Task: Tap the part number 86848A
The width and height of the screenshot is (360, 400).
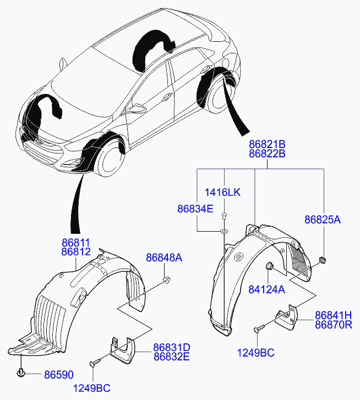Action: point(163,257)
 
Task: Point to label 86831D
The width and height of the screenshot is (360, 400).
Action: point(171,347)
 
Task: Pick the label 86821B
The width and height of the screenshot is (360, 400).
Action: point(267,145)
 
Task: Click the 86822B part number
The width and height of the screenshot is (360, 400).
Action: point(267,154)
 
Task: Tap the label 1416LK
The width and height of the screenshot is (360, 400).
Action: point(223,192)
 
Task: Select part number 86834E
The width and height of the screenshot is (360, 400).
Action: point(195,209)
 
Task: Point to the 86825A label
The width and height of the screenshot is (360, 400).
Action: point(323,220)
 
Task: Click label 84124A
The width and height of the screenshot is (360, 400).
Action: point(267,290)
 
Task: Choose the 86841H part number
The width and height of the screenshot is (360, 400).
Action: point(333,315)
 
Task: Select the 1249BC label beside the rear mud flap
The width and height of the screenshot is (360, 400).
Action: point(256,353)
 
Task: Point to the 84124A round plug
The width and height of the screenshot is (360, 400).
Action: point(271,267)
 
